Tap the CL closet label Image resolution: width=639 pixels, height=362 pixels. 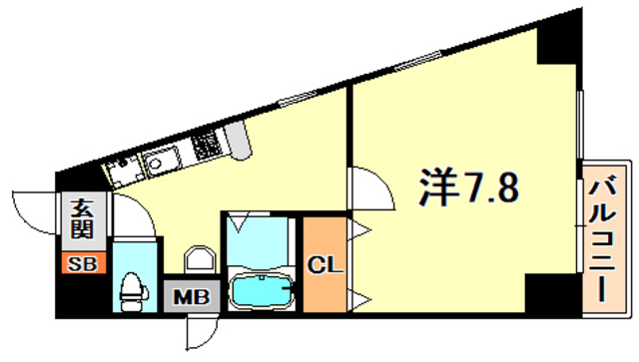tap(323, 266)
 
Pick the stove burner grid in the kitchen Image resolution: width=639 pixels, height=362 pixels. tap(208, 149)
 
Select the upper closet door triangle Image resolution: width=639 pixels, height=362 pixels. tap(358, 231)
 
